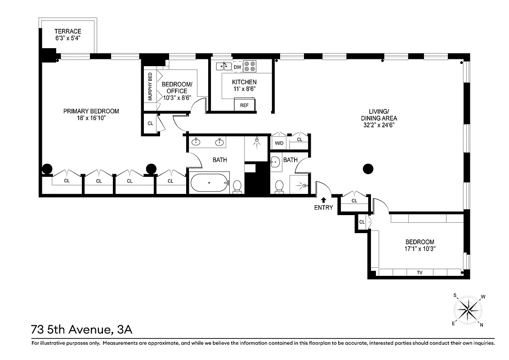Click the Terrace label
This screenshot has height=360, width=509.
click(x=67, y=31)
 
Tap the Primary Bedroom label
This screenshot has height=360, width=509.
click(x=91, y=111)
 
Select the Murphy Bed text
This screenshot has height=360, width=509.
click(x=150, y=86)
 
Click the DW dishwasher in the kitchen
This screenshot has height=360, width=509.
click(x=237, y=67)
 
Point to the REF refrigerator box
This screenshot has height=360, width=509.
click(x=244, y=105)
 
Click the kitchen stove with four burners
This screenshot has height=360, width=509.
click(x=250, y=67)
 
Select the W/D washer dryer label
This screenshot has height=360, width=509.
click(x=279, y=144)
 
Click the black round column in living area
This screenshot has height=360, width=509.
click(x=368, y=169)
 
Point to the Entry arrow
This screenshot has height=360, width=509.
click(x=323, y=200)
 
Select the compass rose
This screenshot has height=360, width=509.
click(x=469, y=310)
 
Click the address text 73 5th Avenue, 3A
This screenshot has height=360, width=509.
click(x=81, y=330)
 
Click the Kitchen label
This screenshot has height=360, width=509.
click(x=244, y=82)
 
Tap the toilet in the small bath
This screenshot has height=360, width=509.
click(x=279, y=186)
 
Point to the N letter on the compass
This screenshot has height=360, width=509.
click(x=482, y=324)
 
